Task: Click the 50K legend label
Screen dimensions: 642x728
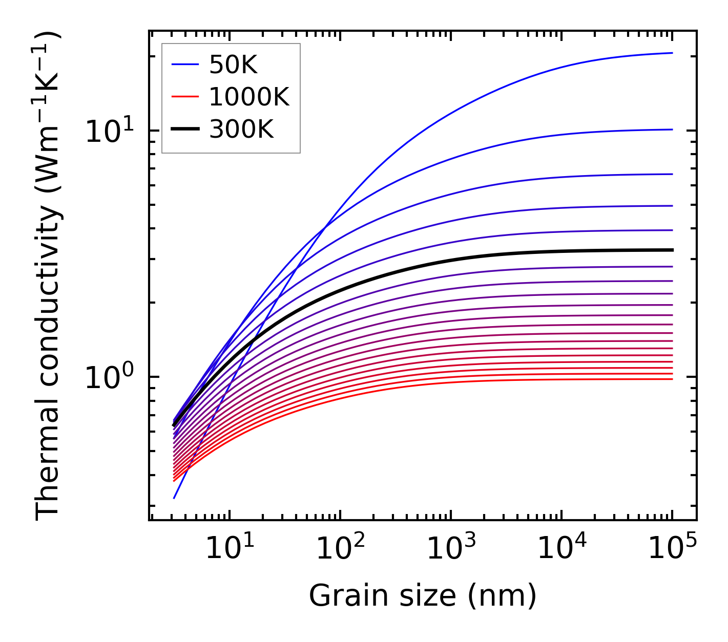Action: pyautogui.click(x=233, y=65)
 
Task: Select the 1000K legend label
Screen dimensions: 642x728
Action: pyautogui.click(x=249, y=97)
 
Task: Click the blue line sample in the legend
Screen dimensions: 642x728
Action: pyautogui.click(x=184, y=65)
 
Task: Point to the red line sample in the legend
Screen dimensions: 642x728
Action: pyautogui.click(x=184, y=97)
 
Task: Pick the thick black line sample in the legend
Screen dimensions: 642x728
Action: pyautogui.click(x=184, y=129)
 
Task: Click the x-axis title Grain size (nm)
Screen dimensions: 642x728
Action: pyautogui.click(x=423, y=596)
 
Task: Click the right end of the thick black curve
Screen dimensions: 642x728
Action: pyautogui.click(x=672, y=250)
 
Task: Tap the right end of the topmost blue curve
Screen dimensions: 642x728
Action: pyautogui.click(x=672, y=53)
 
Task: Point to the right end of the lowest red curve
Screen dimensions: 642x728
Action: pyautogui.click(x=672, y=379)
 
